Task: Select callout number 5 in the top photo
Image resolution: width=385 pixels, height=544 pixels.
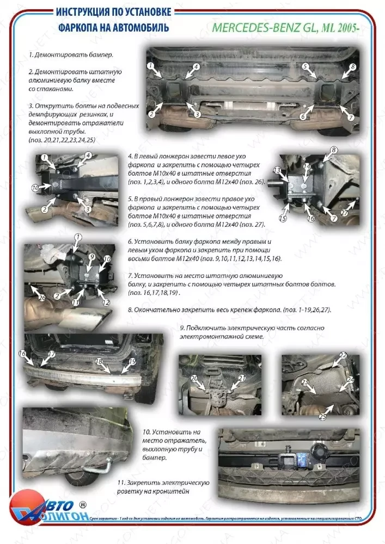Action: coord(305,66)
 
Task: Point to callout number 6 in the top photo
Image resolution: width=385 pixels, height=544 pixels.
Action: coord(302,116)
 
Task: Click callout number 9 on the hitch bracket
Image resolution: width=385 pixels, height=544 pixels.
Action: coord(92,256)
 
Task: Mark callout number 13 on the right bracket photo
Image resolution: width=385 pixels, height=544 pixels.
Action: coord(277,170)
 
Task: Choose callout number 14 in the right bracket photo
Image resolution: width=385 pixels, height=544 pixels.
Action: coord(306,166)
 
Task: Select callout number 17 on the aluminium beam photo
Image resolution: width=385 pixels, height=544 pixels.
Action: coord(52,354)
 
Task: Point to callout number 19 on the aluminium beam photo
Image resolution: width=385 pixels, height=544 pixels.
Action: coord(132,361)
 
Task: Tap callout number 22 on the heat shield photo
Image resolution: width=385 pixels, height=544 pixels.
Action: coord(343,355)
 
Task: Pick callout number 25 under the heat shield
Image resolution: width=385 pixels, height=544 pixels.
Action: coord(322,416)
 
